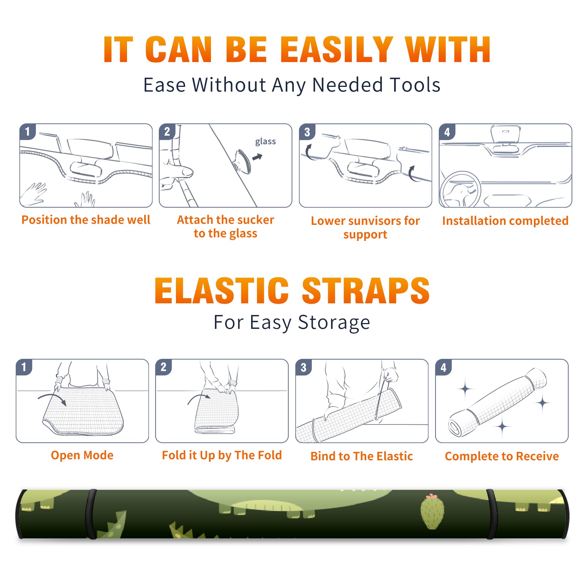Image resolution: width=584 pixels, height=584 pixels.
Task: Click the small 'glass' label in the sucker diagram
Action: tap(265, 142)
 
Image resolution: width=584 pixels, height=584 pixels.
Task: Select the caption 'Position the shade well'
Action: tap(86, 220)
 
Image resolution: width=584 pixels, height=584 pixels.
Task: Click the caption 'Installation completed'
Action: tap(505, 221)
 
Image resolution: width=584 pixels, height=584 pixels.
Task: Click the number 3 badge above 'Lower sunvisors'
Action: tap(307, 132)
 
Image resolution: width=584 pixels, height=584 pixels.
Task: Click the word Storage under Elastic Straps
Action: tap(334, 323)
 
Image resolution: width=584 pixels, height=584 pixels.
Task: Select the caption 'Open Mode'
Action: tap(82, 455)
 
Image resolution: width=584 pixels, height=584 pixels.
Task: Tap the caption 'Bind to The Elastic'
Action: tap(362, 456)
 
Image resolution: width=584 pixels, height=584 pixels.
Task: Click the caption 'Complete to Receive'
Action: tap(502, 456)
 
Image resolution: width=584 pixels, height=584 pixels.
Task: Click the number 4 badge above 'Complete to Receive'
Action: tap(443, 368)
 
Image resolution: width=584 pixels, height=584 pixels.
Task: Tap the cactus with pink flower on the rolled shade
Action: tap(432, 512)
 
